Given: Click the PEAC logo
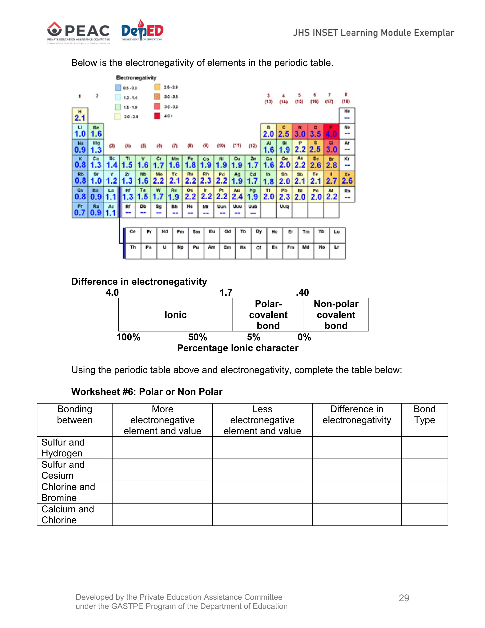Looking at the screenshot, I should [x=78, y=32].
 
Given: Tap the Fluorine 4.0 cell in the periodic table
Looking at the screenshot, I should [x=331, y=132].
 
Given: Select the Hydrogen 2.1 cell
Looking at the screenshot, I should [x=80, y=116].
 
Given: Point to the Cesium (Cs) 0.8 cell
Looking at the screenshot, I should [x=80, y=194].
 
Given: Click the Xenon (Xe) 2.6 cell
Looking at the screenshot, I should [x=347, y=179].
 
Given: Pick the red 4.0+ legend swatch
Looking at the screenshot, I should [x=157, y=116].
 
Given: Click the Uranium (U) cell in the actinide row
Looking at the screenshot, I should [x=165, y=251].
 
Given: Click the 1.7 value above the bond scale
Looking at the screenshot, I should [x=226, y=292].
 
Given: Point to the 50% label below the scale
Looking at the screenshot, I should [x=198, y=337].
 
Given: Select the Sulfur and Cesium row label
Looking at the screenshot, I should [x=63, y=470].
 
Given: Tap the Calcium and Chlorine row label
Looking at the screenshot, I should [x=68, y=514].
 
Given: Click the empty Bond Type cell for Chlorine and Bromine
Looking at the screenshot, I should [x=424, y=492].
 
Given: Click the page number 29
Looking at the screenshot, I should [x=404, y=598].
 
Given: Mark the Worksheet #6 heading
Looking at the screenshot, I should [x=147, y=392].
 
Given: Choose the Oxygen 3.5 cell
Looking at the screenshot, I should [x=315, y=132].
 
